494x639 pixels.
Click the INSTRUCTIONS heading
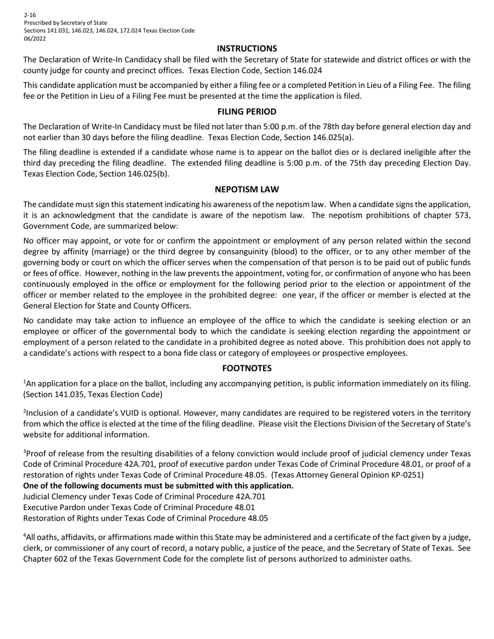247,48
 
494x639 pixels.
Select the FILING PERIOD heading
247,112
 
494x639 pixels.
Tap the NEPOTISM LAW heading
247,190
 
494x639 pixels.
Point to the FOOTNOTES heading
247,368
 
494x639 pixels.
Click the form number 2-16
30,15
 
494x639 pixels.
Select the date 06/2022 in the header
35,38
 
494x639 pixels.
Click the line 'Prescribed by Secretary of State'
66,23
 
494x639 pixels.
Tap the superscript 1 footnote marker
24,382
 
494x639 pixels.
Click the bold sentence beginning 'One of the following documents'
158,486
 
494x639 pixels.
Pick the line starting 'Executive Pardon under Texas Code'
139,507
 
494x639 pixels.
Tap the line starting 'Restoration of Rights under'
146,518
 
